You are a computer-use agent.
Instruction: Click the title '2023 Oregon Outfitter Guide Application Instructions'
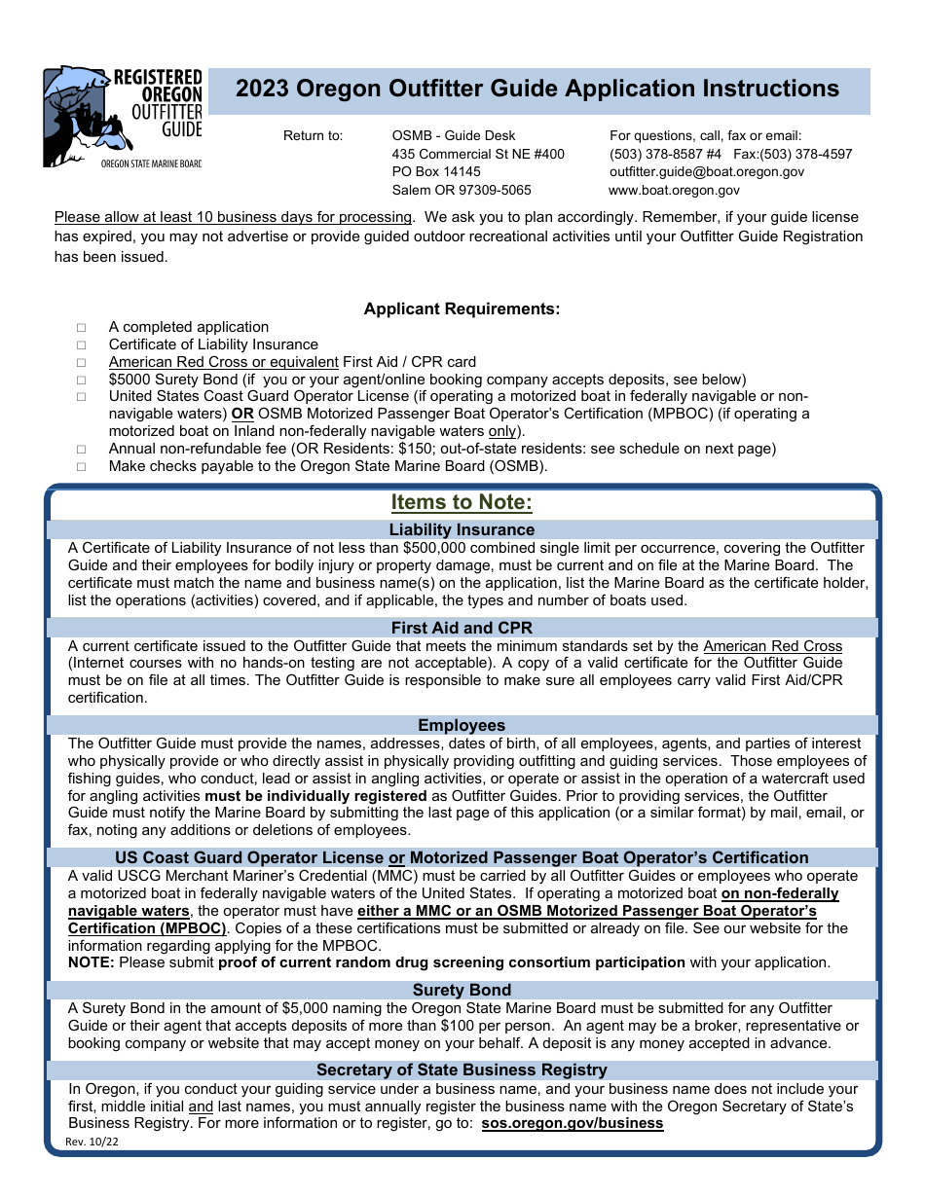536,89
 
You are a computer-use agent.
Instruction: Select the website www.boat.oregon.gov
674,191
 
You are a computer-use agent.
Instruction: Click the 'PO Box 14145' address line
436,172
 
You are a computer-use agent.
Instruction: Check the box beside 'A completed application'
83,328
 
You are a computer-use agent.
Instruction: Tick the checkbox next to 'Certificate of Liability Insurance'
83,345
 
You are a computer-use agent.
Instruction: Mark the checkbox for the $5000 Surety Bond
83,381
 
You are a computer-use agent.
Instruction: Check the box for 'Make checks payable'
83,467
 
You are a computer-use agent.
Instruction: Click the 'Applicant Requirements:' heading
462,309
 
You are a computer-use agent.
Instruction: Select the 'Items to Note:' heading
462,502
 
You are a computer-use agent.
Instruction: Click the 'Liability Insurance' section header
462,529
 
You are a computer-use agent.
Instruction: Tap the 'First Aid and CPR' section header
462,628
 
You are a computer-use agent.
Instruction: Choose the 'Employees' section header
462,725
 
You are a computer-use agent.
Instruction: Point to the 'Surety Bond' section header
462,990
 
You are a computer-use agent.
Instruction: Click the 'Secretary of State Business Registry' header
462,1070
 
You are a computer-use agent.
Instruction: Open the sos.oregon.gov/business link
573,1123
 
